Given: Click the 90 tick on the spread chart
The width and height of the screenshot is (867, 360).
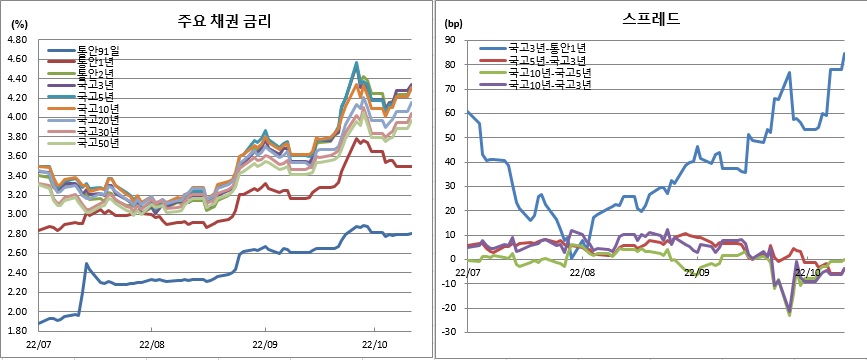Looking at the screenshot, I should (x=451, y=41).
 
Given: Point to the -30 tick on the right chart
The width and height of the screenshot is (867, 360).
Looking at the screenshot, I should (x=449, y=332).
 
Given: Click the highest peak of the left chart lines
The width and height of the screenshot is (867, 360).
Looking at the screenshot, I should (x=357, y=63).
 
